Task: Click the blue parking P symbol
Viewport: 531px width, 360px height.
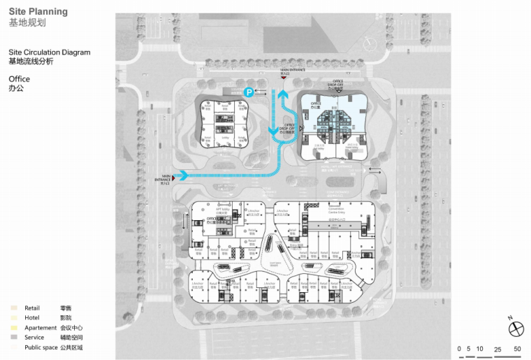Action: point(247,92)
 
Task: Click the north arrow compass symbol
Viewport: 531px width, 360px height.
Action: point(516,328)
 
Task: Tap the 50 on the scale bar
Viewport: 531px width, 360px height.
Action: point(517,348)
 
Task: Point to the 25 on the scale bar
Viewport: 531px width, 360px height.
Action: point(497,348)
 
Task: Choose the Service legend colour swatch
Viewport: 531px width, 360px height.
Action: point(13,337)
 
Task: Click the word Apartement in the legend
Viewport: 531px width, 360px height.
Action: point(41,327)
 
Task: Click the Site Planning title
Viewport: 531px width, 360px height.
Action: point(38,12)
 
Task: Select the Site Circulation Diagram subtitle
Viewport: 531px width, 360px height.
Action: point(50,52)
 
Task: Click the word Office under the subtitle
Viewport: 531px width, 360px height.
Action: point(20,79)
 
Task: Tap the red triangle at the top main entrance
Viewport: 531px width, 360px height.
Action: point(284,76)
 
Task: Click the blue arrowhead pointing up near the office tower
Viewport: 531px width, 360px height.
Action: point(283,95)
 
